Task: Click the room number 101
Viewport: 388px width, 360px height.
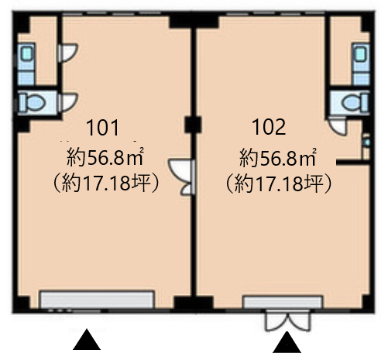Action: (103, 127)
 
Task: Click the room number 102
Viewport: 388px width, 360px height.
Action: (269, 127)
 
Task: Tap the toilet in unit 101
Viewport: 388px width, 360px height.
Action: (33, 102)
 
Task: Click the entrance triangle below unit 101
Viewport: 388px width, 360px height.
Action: (87, 339)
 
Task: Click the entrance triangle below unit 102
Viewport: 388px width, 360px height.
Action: (287, 342)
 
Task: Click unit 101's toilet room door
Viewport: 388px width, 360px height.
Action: (68, 102)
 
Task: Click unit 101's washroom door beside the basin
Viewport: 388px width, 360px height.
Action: (68, 53)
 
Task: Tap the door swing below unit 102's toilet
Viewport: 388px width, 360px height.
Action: (338, 125)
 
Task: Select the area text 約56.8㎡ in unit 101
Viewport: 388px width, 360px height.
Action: (105, 157)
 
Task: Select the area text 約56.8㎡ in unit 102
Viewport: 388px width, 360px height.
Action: (278, 157)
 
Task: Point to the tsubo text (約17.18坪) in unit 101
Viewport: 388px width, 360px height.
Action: (105, 183)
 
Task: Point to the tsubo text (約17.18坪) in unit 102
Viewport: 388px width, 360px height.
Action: (278, 183)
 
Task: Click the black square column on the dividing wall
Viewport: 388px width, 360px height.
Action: (193, 125)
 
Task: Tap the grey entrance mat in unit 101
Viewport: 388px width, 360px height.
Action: (98, 300)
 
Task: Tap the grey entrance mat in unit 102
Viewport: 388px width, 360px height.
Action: (283, 303)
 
